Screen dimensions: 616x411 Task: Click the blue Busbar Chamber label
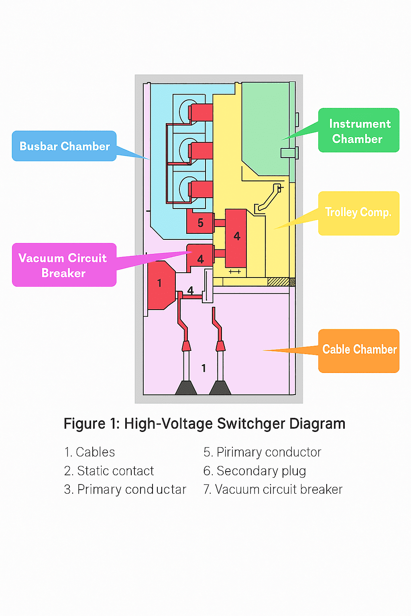(64, 146)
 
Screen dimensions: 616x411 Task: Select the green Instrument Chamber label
(359, 130)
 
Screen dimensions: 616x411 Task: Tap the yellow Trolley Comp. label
(358, 213)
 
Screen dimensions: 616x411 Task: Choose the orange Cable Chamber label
(359, 351)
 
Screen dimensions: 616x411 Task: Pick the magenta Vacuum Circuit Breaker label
(64, 265)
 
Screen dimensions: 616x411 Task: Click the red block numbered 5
(200, 223)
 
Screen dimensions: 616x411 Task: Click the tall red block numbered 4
(236, 238)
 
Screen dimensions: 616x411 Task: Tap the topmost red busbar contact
(201, 112)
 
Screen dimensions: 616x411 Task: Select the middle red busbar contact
(201, 151)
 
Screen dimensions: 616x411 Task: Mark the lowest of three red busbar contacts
(201, 189)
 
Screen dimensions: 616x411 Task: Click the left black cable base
(186, 388)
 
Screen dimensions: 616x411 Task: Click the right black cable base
(220, 388)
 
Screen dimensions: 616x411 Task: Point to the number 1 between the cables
(203, 368)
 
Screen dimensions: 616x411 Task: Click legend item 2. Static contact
(109, 471)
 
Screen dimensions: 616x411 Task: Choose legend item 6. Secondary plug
(255, 471)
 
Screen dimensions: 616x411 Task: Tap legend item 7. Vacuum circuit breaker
(273, 490)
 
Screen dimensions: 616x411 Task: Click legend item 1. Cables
(90, 452)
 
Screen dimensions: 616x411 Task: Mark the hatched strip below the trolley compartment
(281, 282)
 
